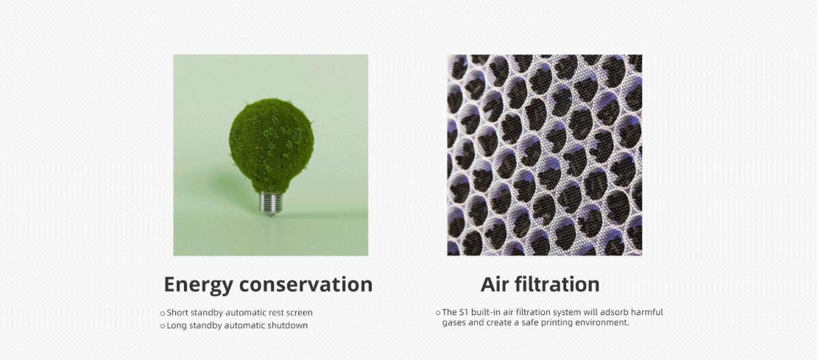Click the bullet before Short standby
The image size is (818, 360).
click(163, 314)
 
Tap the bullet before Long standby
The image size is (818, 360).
click(163, 326)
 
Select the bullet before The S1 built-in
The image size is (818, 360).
click(437, 313)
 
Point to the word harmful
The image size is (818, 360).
click(647, 312)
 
